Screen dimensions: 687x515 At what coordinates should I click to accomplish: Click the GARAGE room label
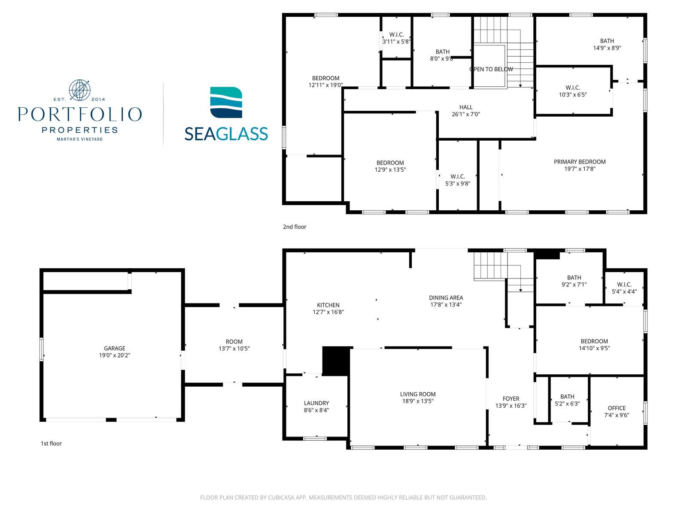click(x=115, y=348)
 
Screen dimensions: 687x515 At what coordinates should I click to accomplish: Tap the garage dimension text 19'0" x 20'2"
click(x=115, y=355)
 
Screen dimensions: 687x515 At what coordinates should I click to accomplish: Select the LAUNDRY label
click(x=316, y=403)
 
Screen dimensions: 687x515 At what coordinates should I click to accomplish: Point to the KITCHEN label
click(x=328, y=305)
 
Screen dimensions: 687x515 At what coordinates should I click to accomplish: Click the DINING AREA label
click(x=446, y=298)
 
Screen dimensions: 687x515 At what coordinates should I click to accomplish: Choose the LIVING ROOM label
click(x=418, y=394)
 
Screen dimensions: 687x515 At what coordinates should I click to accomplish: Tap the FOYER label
click(x=511, y=399)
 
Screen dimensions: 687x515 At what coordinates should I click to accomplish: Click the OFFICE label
click(x=617, y=408)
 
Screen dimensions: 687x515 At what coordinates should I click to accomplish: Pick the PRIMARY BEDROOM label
click(x=580, y=162)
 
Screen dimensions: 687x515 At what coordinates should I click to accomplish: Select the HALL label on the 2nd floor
click(x=466, y=107)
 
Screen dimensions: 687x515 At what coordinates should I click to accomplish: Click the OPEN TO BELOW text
click(x=491, y=69)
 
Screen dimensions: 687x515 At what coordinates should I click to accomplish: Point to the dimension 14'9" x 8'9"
click(x=607, y=48)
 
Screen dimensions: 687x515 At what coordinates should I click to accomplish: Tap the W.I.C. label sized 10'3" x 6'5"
click(x=573, y=88)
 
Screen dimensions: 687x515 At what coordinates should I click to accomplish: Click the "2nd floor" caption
click(x=295, y=227)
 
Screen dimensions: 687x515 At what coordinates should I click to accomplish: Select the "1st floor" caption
click(x=52, y=443)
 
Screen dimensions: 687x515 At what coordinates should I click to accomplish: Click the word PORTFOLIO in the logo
click(x=80, y=114)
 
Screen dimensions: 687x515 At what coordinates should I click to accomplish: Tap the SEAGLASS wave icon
click(x=226, y=103)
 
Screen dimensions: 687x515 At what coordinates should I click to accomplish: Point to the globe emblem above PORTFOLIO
click(x=79, y=90)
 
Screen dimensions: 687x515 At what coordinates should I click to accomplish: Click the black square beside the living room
click(x=336, y=361)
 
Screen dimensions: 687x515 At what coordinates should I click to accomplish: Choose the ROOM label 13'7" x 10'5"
click(x=234, y=342)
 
